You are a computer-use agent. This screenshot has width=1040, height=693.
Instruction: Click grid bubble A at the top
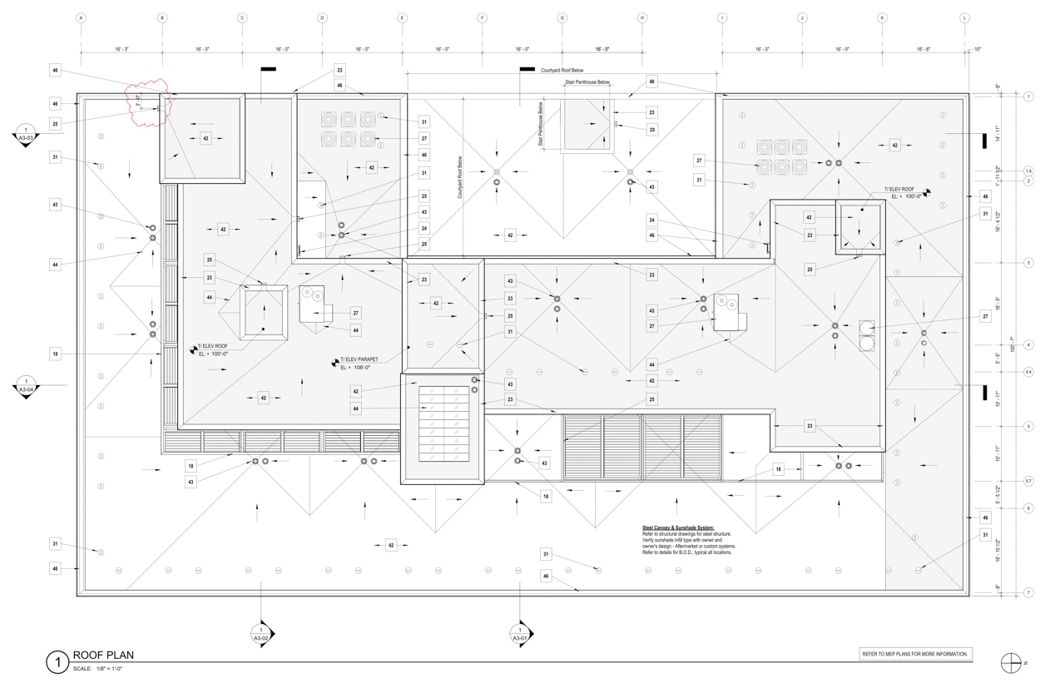[81, 17]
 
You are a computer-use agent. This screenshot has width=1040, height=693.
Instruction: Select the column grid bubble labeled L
[965, 17]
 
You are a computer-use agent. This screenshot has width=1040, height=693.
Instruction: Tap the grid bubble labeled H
[642, 17]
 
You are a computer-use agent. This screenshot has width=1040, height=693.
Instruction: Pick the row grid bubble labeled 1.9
[1028, 171]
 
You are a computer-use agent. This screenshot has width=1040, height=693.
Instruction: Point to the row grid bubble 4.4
[1028, 372]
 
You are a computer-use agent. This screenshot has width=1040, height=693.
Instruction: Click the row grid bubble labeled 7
[1028, 592]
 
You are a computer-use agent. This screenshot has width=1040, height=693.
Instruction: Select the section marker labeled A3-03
[26, 135]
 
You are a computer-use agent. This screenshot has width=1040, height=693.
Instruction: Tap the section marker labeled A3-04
[26, 386]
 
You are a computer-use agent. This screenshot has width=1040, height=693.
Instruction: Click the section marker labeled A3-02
[261, 635]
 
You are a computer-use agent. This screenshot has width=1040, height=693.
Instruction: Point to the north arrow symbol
[1012, 662]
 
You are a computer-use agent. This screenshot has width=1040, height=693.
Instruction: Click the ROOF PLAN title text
[103, 656]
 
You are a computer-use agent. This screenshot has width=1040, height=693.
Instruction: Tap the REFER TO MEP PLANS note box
[915, 655]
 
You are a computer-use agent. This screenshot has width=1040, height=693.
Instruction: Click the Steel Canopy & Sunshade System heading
[677, 527]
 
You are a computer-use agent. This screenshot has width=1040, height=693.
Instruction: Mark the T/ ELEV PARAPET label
[359, 360]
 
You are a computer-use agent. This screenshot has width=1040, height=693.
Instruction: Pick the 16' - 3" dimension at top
[121, 49]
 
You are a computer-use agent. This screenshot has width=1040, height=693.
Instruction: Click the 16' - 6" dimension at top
[924, 49]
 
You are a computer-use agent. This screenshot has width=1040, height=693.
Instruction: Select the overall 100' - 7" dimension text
[1012, 344]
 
